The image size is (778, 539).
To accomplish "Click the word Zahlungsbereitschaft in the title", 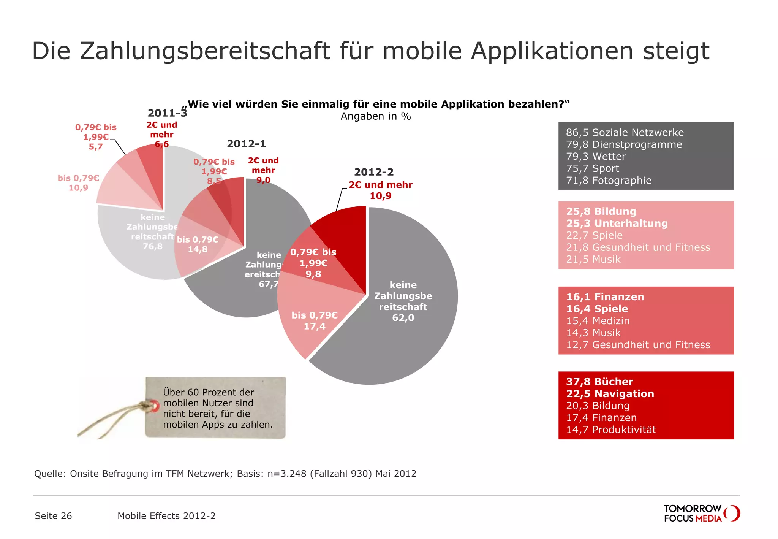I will pos(205,51).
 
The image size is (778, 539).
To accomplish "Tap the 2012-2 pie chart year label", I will pos(373,172).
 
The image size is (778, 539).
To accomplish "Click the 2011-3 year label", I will pos(167,113).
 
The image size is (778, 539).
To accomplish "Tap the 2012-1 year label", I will pos(246,144).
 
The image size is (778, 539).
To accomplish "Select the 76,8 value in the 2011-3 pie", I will pos(152,246).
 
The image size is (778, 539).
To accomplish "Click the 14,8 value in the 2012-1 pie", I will pos(198,249).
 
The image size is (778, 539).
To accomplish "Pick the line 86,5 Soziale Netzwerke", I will pos(625,132).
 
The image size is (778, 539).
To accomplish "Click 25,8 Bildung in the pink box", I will pos(601,211).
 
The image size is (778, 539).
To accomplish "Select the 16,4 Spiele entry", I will pos(597,309).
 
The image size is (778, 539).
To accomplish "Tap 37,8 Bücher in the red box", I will pos(599,382).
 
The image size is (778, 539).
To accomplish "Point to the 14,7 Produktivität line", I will pos(611,430).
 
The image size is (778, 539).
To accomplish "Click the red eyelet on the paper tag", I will pos(154,406).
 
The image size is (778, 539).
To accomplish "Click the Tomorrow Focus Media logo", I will pos(701,513).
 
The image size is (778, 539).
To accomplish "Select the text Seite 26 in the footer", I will pos(53,516).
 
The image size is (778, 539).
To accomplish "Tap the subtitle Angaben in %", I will pos(375,116).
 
